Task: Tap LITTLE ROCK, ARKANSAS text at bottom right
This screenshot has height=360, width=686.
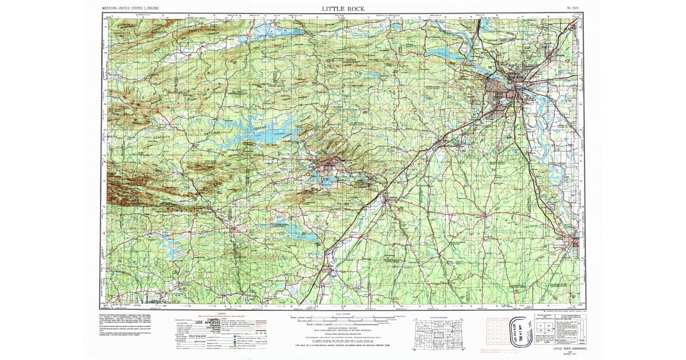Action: [x=569, y=348]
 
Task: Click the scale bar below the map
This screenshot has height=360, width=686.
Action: [x=342, y=318]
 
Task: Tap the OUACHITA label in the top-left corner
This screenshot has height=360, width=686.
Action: [x=123, y=33]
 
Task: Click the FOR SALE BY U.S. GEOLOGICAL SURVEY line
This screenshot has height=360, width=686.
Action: [x=342, y=346]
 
